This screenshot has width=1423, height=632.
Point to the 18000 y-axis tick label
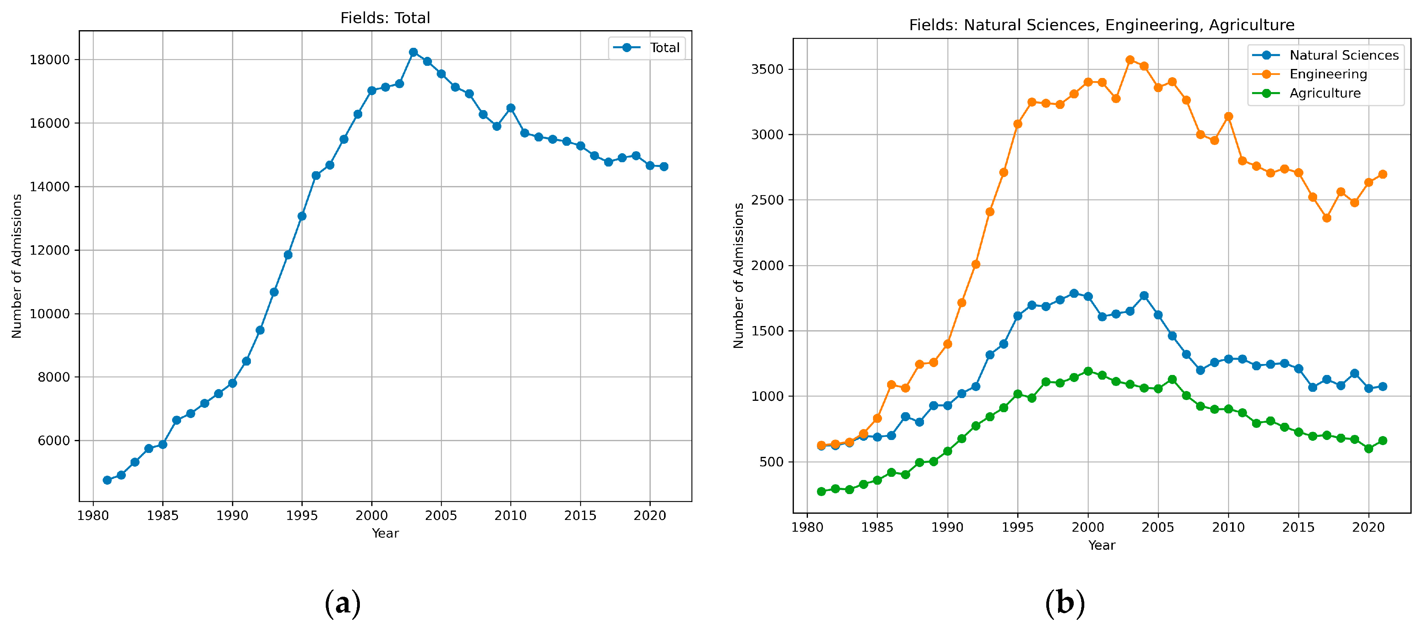pyautogui.click(x=50, y=60)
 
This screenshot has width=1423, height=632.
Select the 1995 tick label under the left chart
pyautogui.click(x=301, y=516)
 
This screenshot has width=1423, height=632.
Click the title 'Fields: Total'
pyautogui.click(x=385, y=18)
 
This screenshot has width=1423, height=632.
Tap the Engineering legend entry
pyautogui.click(x=1327, y=74)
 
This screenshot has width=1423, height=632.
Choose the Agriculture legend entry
pyautogui.click(x=1324, y=93)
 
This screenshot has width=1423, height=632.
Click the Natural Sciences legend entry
pyautogui.click(x=1343, y=55)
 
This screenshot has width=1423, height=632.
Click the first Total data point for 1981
pyautogui.click(x=107, y=480)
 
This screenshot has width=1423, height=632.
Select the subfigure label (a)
pyautogui.click(x=343, y=603)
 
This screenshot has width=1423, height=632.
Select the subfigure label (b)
pyautogui.click(x=1064, y=603)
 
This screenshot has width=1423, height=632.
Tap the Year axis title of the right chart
pyautogui.click(x=1102, y=545)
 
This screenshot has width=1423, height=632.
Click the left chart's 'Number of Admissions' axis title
pyautogui.click(x=16, y=266)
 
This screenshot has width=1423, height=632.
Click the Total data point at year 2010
pyautogui.click(x=510, y=108)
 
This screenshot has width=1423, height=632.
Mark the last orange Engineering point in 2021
pyautogui.click(x=1383, y=174)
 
